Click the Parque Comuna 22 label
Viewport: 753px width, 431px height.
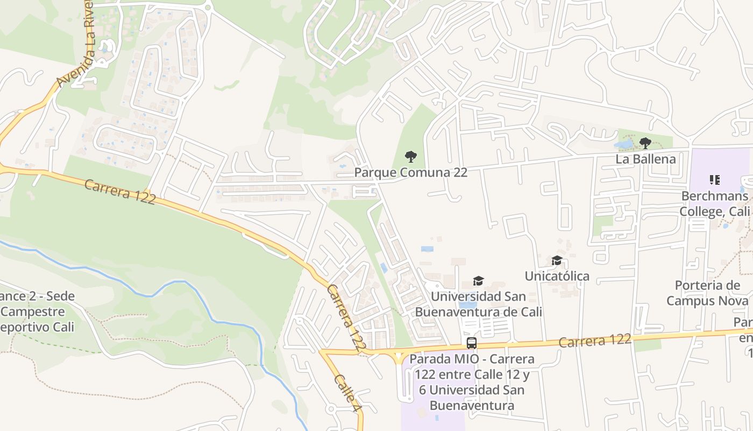click(x=410, y=172)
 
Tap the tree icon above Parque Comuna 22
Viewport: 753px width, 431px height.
click(x=410, y=157)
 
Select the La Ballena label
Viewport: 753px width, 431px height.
click(x=645, y=159)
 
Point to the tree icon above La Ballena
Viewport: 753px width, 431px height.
click(x=645, y=143)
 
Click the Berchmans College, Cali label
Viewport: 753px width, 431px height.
click(x=714, y=203)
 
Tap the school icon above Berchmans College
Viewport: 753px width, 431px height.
click(x=714, y=179)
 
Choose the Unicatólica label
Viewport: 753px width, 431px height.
click(x=557, y=276)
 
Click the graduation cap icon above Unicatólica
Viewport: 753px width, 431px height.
click(x=557, y=261)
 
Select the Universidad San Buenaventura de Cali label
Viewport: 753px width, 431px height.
click(x=478, y=304)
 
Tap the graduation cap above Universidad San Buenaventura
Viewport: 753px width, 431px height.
click(x=478, y=281)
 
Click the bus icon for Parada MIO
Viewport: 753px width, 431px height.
click(x=472, y=343)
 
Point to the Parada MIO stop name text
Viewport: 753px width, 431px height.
click(x=472, y=382)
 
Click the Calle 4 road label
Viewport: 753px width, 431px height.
click(x=346, y=394)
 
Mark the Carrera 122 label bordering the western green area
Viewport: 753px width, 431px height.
click(x=120, y=192)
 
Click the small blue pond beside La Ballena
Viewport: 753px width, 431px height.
click(x=624, y=144)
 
